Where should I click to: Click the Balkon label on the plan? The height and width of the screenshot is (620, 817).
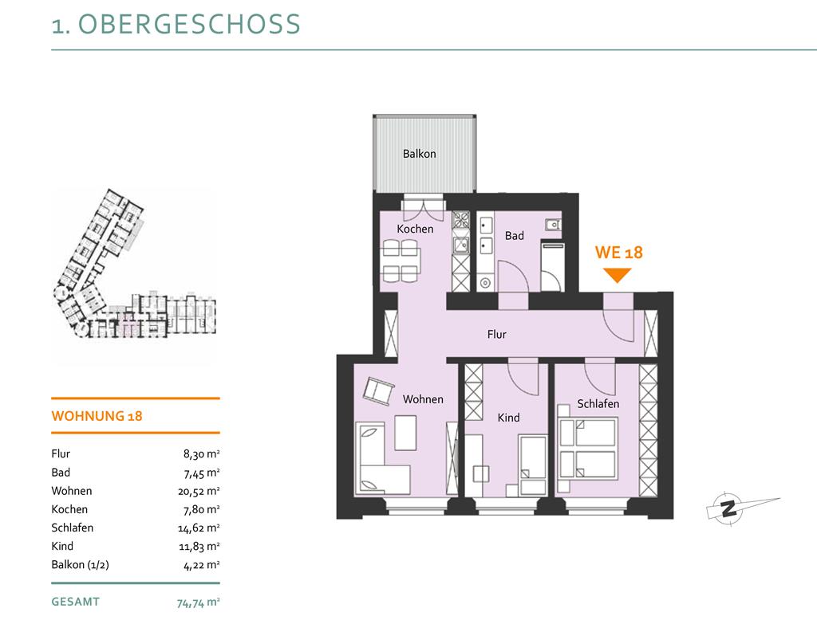[x=419, y=154]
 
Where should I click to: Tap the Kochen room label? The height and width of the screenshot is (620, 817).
[x=415, y=229]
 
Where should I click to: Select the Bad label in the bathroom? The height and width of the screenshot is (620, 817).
[x=515, y=235]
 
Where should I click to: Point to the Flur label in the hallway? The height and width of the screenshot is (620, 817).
[x=496, y=334]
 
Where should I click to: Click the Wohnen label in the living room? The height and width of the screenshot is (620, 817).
[x=423, y=399]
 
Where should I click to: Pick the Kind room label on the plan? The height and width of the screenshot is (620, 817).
[x=508, y=418]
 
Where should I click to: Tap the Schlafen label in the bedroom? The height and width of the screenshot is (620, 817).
[x=598, y=403]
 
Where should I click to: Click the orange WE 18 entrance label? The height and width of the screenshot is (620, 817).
[x=618, y=253]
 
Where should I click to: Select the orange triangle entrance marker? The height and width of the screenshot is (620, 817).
[x=618, y=274]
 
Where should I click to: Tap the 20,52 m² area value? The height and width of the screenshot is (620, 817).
[x=199, y=491]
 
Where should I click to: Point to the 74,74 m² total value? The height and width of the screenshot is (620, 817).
[x=198, y=602]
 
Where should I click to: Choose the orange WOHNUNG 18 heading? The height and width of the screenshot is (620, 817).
[x=97, y=416]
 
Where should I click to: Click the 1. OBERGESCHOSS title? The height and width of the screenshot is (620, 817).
[x=176, y=24]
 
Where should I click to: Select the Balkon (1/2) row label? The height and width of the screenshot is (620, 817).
[x=81, y=565]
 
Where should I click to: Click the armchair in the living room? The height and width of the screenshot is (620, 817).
[x=377, y=390]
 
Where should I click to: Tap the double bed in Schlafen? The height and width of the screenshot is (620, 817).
[x=587, y=449]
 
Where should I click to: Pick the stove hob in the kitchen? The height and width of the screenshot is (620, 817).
[x=460, y=220]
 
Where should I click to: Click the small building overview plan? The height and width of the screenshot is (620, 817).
[x=134, y=265]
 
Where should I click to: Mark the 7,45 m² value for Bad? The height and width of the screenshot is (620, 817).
[x=201, y=473]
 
